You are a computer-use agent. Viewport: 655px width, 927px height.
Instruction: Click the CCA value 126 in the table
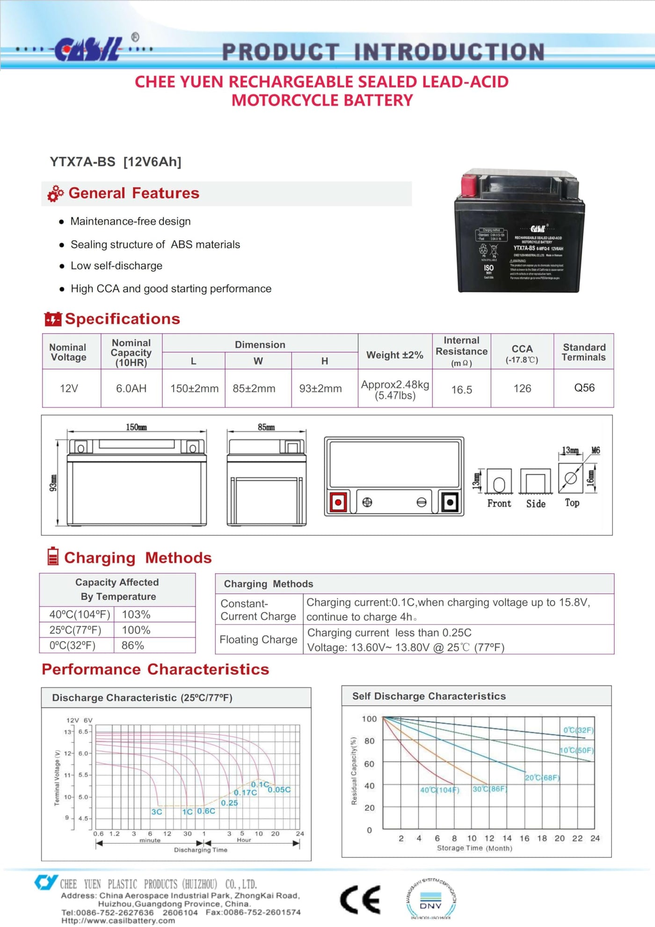[x=522, y=388]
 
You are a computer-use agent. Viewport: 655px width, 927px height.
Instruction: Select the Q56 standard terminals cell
[x=584, y=388]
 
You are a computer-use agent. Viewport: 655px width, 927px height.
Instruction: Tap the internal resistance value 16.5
[x=461, y=389]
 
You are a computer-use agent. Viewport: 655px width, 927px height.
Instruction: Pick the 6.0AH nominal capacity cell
[x=131, y=388]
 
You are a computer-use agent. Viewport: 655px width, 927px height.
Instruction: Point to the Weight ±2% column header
[x=394, y=355]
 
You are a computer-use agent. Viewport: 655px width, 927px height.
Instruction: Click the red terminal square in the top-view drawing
[x=338, y=503]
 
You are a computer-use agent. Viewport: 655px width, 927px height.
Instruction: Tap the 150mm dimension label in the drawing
[x=136, y=427]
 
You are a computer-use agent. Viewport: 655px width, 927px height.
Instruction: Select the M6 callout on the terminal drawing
[x=595, y=450]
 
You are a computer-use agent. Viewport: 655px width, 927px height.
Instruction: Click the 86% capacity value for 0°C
[x=133, y=645]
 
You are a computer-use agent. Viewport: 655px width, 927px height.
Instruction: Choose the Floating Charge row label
[x=258, y=639]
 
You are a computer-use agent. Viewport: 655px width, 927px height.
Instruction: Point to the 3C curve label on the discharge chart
[x=157, y=811]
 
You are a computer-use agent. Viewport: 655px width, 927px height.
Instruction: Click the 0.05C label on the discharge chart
[x=279, y=789]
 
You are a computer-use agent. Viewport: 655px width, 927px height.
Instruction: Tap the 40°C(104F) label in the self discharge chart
[x=439, y=790]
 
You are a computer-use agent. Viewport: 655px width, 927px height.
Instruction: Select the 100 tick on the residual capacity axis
[x=369, y=719]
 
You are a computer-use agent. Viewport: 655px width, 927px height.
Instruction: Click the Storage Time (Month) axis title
[x=474, y=848]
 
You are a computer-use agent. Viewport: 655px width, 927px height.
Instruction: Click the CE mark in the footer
[x=360, y=899]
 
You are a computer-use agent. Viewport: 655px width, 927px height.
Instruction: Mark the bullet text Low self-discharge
[x=116, y=266]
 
